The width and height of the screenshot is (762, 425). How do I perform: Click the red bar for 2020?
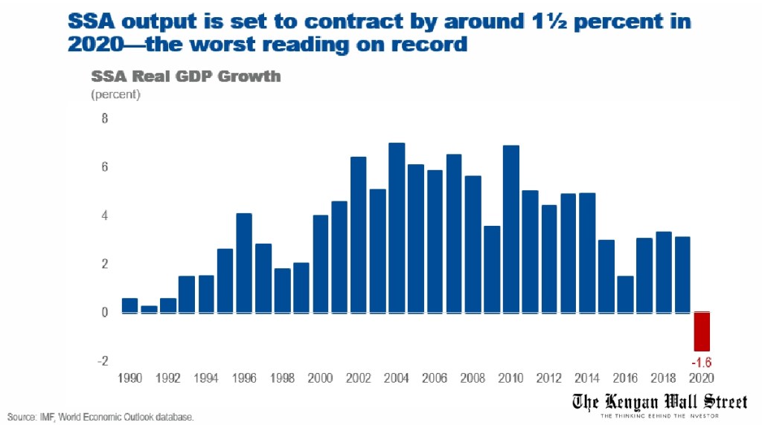(702, 331)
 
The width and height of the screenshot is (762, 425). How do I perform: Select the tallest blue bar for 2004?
(397, 227)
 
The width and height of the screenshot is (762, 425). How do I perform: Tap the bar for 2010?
(510, 229)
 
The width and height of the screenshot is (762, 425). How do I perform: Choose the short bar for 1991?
(149, 309)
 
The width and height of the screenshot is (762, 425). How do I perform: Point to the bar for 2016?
(625, 294)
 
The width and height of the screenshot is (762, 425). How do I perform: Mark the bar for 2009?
(492, 269)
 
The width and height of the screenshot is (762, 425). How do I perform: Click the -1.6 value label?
(703, 363)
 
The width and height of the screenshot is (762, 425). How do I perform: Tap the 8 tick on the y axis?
(104, 119)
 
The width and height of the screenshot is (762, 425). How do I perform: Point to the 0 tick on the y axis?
(104, 313)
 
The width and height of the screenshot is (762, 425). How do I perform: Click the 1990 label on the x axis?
(129, 377)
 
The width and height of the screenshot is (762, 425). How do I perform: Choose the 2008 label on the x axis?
(473, 377)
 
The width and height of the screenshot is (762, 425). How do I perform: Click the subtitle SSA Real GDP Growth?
(185, 77)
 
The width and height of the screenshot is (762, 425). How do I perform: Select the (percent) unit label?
(115, 94)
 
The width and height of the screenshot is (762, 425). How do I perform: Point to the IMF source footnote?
(101, 417)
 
